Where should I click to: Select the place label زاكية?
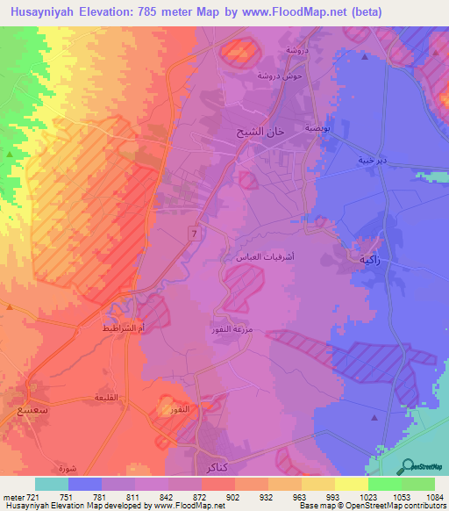pyautogui.click(x=368, y=260)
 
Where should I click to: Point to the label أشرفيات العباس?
pyautogui.click(x=257, y=257)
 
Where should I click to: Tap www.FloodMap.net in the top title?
pyautogui.click(x=332, y=11)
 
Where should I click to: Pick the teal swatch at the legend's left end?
pyautogui.click(x=52, y=484)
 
